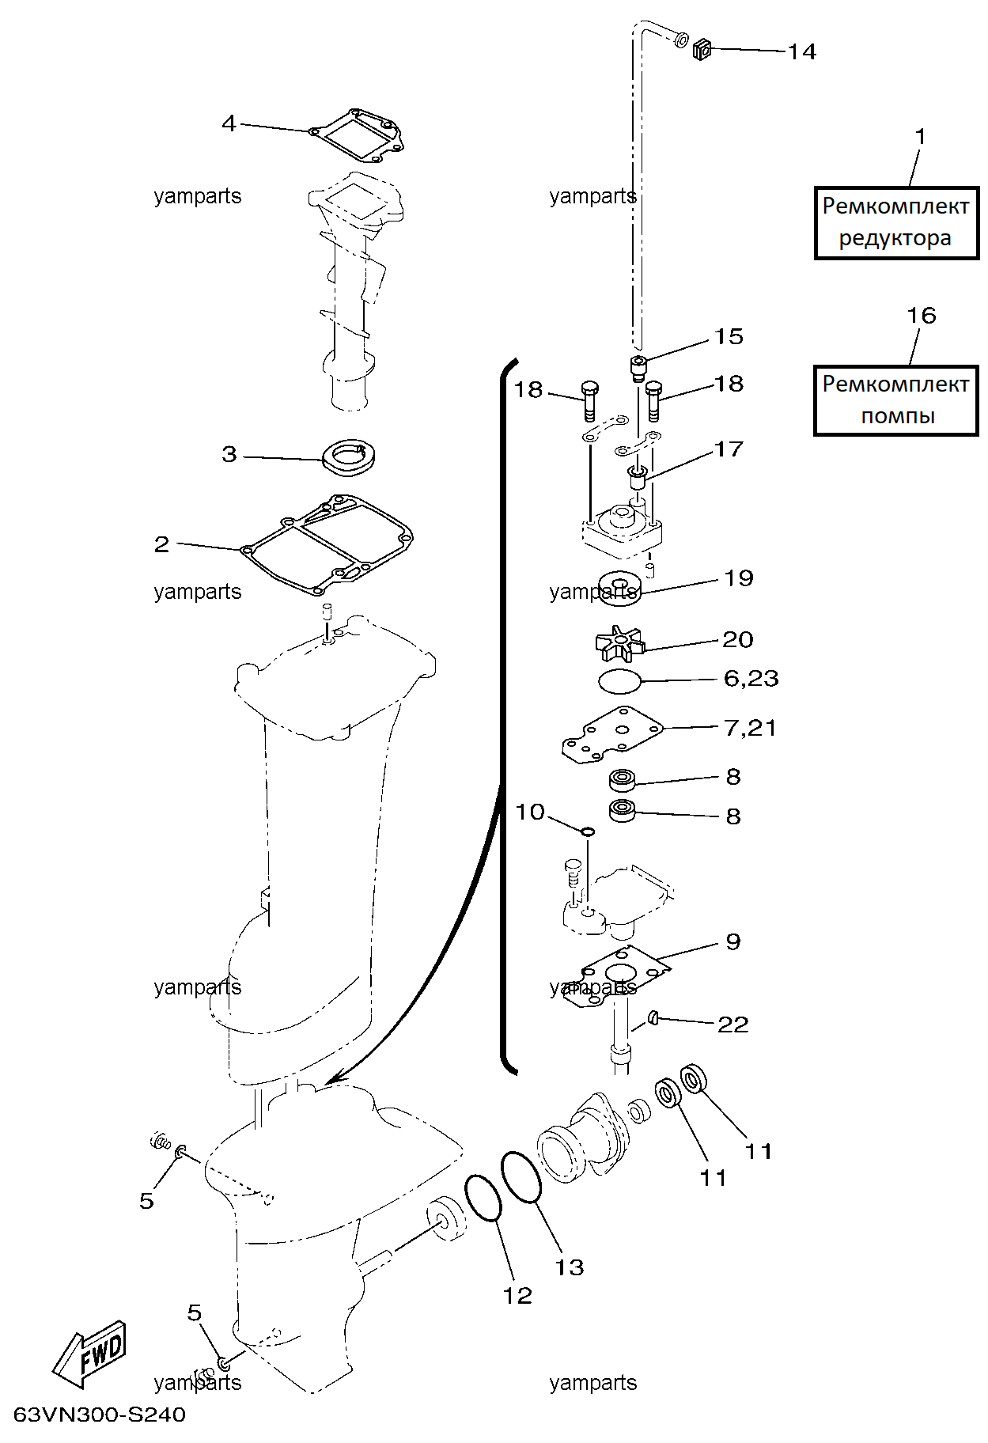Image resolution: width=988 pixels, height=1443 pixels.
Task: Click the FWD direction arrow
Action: [x=89, y=1354]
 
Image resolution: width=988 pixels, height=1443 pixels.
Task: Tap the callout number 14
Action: [x=801, y=51]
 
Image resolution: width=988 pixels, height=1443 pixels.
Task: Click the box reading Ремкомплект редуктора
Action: [x=896, y=222]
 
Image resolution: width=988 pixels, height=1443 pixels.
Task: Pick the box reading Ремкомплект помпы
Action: [x=896, y=400]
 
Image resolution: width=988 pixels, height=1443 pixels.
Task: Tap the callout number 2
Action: [x=161, y=544]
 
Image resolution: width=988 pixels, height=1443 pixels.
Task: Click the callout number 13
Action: [x=569, y=1267]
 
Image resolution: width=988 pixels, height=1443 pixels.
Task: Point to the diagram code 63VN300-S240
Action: [x=99, y=1415]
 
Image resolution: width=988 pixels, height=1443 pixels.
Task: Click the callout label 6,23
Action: [x=751, y=678]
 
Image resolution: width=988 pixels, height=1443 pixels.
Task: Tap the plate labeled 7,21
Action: [x=613, y=735]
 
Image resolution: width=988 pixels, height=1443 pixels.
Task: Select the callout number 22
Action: [x=732, y=1024]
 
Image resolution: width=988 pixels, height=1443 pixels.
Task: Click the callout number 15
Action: [x=729, y=337]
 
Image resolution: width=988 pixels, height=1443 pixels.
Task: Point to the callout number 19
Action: [x=739, y=578]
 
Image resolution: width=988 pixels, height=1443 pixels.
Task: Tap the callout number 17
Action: [x=729, y=449]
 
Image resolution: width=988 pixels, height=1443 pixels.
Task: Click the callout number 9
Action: [x=733, y=941]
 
